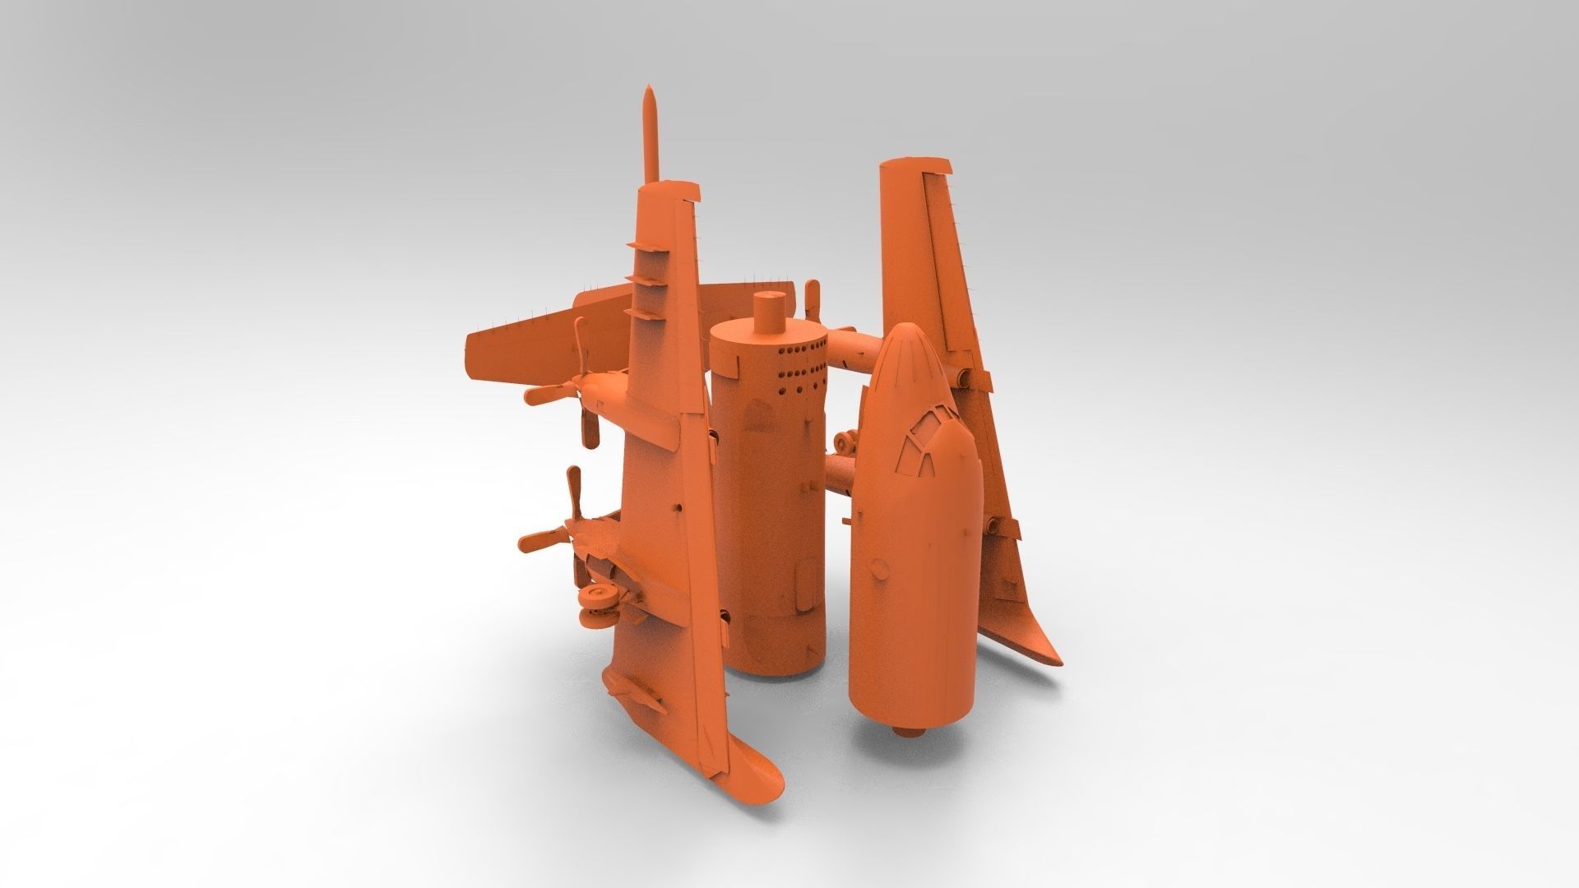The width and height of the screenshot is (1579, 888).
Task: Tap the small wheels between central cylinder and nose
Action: [848, 445]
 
